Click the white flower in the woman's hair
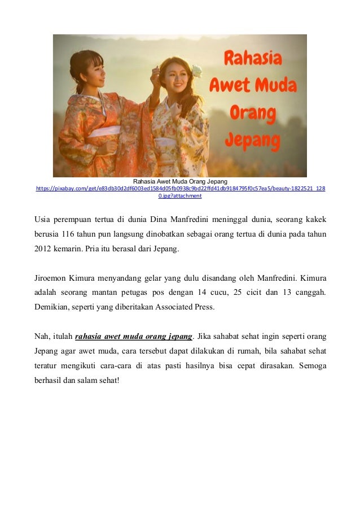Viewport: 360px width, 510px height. (x=197, y=71)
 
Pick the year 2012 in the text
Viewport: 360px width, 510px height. (x=44, y=249)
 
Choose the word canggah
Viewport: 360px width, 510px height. (x=309, y=293)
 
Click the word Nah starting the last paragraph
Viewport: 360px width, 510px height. (x=43, y=337)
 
